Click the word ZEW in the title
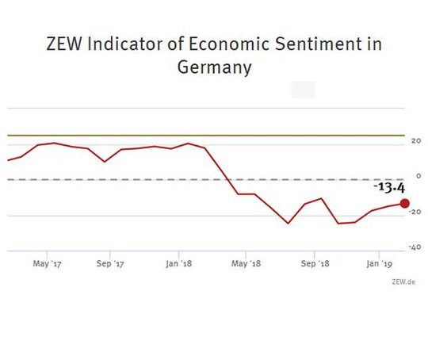coord(64,44)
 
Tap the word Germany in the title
coord(214,67)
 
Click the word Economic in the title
coord(229,44)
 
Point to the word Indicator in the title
coord(125,44)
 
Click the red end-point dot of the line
coord(404,203)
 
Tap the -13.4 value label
coord(389,188)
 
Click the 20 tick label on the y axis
coord(416,141)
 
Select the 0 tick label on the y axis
coord(418,176)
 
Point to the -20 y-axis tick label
coord(415,212)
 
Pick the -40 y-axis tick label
coord(415,247)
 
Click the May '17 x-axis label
coord(47,263)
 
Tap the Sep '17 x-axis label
coord(110,263)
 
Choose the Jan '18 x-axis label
coord(179,263)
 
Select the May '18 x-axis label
coord(246,263)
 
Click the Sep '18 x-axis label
coord(315,263)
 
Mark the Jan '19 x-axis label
coord(379,263)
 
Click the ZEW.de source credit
coord(403,281)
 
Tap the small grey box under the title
coord(304,90)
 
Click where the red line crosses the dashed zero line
coord(227,179)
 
